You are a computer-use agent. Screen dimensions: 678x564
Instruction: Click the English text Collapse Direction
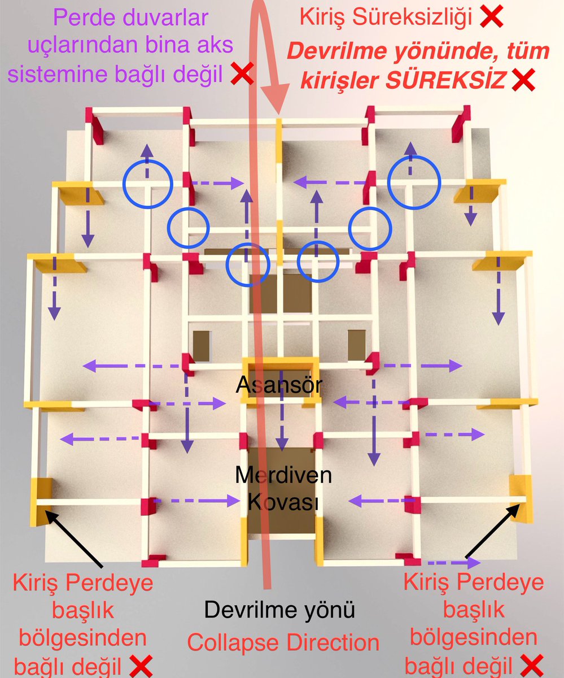[x=283, y=642]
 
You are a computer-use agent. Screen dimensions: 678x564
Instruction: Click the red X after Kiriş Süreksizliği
[x=491, y=19]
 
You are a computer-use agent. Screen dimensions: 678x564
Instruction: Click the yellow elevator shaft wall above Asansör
[x=280, y=361]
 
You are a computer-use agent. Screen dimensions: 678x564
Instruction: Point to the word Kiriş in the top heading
[x=321, y=18]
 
